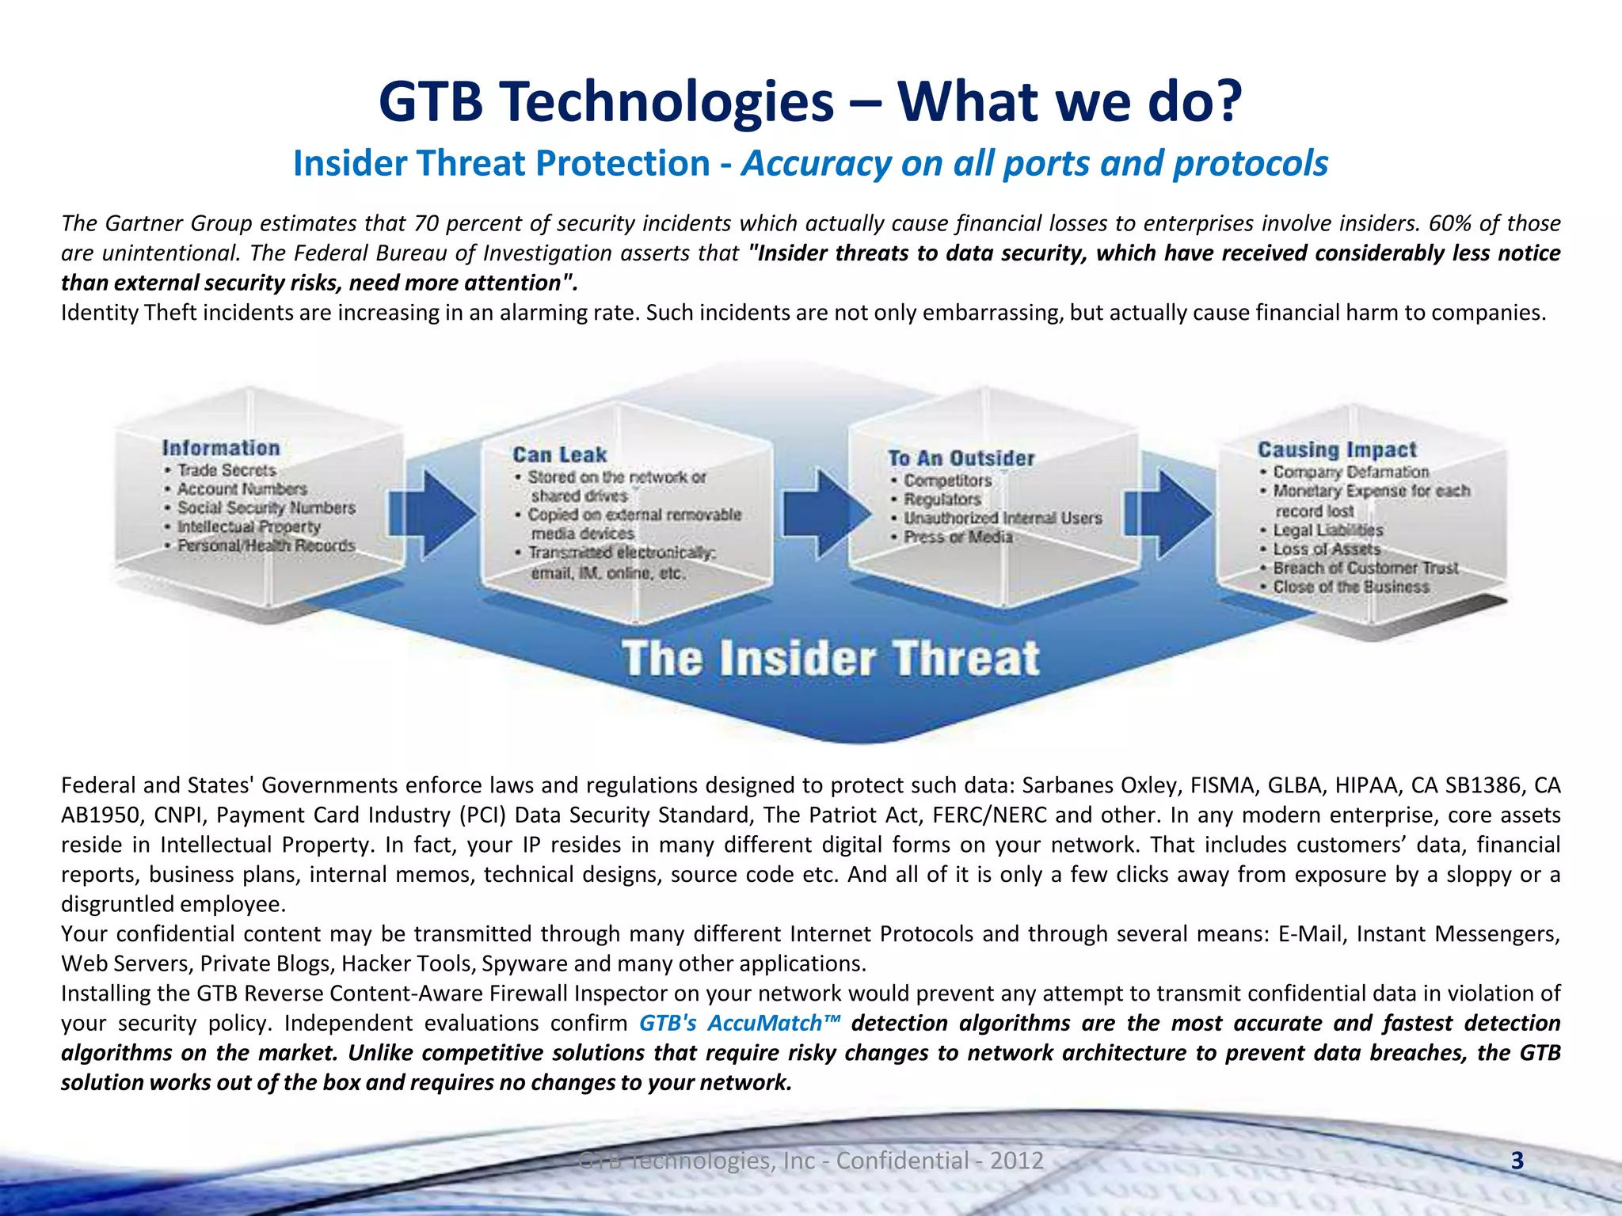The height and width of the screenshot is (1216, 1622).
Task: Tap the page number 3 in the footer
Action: pyautogui.click(x=1517, y=1161)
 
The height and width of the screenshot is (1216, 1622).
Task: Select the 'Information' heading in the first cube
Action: pyautogui.click(x=221, y=448)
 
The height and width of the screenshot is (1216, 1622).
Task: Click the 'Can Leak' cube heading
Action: pyautogui.click(x=559, y=455)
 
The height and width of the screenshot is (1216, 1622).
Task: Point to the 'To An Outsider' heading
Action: pyautogui.click(x=961, y=458)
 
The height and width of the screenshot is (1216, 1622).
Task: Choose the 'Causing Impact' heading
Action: pyautogui.click(x=1337, y=450)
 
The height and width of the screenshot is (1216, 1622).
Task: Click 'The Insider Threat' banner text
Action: pyautogui.click(x=830, y=659)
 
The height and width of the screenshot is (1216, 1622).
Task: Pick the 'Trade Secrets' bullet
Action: pyautogui.click(x=227, y=470)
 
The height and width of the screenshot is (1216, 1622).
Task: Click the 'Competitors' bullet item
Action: pyautogui.click(x=947, y=481)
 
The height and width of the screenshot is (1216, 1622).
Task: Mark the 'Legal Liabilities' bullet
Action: pyautogui.click(x=1327, y=530)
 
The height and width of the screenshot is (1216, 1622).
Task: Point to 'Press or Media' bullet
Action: pyautogui.click(x=958, y=537)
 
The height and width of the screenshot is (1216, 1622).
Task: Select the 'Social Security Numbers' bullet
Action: pyautogui.click(x=266, y=507)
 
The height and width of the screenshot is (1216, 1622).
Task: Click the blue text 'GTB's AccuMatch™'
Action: pyautogui.click(x=739, y=1023)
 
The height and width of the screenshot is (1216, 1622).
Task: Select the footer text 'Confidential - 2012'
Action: pyautogui.click(x=940, y=1161)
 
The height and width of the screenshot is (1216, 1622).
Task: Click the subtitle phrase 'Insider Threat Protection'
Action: pyautogui.click(x=501, y=164)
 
